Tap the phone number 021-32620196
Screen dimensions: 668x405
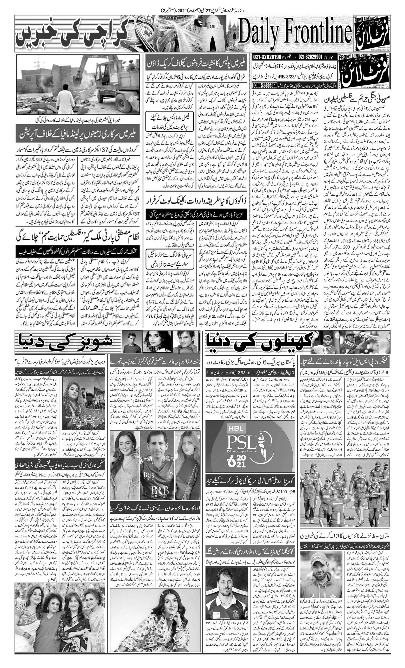[268, 57]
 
